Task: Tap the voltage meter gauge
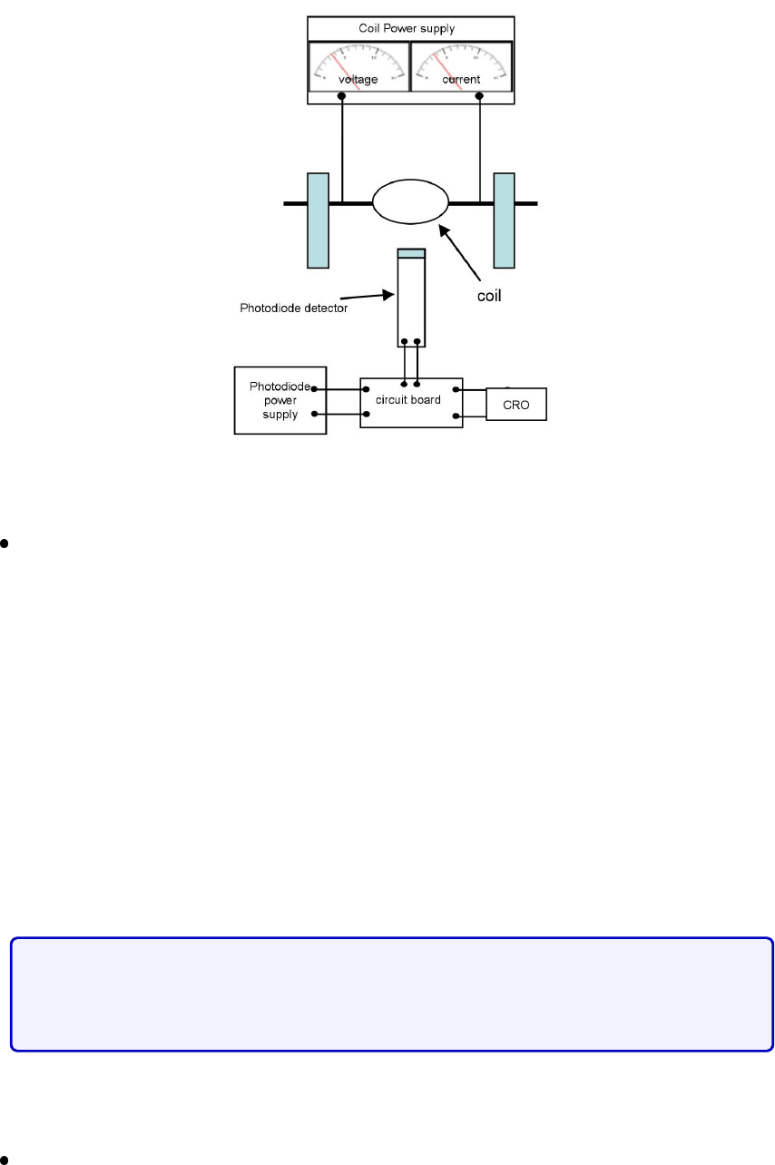pyautogui.click(x=358, y=66)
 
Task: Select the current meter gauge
pyautogui.click(x=462, y=66)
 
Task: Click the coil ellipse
pyautogui.click(x=411, y=201)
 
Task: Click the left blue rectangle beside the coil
pyautogui.click(x=318, y=220)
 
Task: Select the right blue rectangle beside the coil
pyautogui.click(x=504, y=220)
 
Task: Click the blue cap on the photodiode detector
pyautogui.click(x=411, y=253)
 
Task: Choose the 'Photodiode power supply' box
pyautogui.click(x=280, y=400)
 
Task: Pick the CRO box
pyautogui.click(x=516, y=404)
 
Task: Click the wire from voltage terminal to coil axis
pyautogui.click(x=342, y=150)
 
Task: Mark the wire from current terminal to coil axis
pyautogui.click(x=479, y=150)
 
